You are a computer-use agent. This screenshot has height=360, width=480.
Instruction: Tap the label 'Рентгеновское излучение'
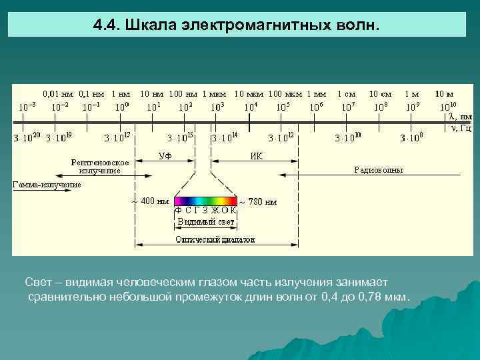(100, 166)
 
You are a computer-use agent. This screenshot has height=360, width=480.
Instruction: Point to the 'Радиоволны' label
(378, 170)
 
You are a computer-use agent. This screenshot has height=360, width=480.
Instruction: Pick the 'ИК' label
(256, 156)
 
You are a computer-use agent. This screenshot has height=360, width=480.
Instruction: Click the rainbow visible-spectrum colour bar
(206, 200)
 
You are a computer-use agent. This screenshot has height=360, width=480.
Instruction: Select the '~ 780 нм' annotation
(258, 201)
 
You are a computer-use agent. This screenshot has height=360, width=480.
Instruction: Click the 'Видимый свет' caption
(205, 221)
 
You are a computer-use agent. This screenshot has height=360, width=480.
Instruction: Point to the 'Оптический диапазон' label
(215, 239)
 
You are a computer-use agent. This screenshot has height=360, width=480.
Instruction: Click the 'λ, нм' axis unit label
(459, 116)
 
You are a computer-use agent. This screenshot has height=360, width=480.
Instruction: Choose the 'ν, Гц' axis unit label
(461, 127)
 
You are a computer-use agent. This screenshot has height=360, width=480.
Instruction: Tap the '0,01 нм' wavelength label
(58, 94)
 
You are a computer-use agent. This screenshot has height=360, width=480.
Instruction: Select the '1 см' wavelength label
(347, 94)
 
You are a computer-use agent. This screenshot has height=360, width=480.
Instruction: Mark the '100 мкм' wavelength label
(285, 94)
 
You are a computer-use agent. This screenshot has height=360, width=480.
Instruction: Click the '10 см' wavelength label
(380, 94)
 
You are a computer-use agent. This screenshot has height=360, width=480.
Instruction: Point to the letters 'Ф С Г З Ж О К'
(205, 210)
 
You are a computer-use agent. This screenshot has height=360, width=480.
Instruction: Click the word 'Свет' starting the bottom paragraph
(38, 283)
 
